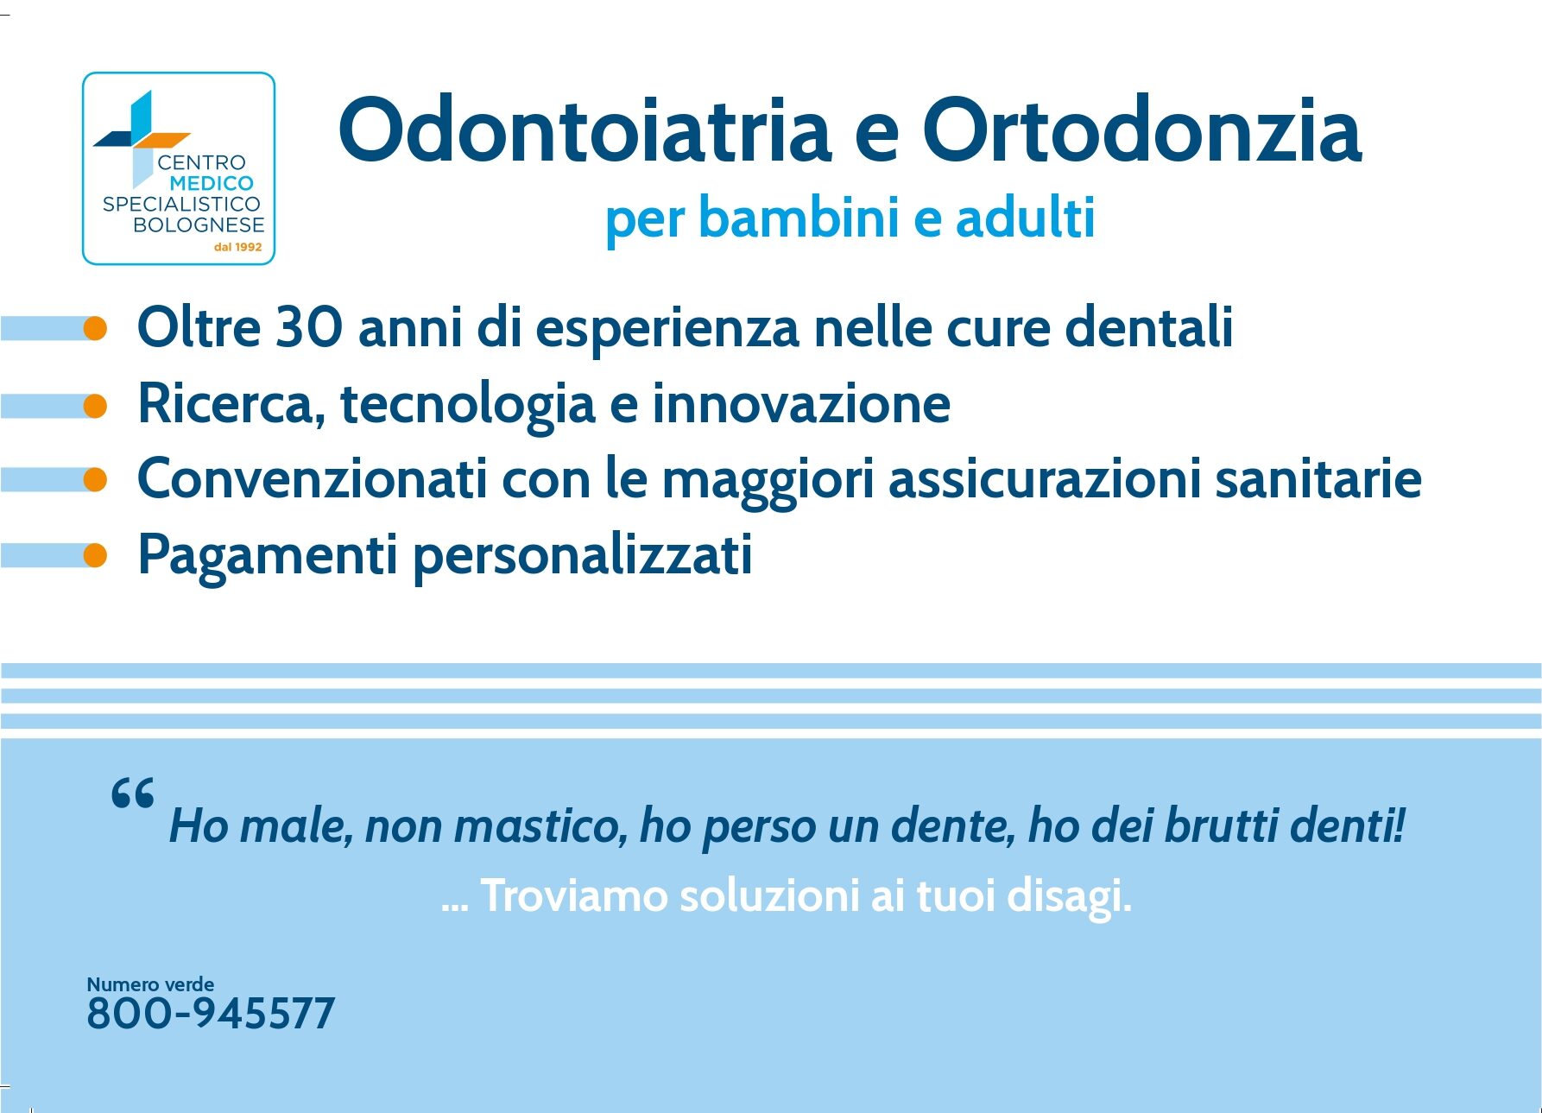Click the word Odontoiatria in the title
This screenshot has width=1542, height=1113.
585,130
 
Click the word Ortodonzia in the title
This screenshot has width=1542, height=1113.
1142,130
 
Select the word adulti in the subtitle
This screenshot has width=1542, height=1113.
1026,218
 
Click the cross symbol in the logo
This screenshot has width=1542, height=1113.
140,138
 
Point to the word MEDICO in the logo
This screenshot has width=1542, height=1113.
212,183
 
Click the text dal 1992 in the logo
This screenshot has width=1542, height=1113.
237,247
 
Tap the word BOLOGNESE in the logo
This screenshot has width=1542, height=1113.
199,224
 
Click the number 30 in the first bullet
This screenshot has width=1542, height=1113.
309,327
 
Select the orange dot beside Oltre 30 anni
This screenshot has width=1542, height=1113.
95,328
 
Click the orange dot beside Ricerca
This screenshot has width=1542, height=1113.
95,405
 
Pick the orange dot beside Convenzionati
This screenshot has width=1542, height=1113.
95,479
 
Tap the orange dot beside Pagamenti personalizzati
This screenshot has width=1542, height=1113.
95,555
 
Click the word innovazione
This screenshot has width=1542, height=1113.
801,403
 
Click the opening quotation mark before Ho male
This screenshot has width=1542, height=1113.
133,792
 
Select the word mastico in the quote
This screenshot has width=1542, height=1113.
540,825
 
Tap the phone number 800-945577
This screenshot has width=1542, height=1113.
211,1014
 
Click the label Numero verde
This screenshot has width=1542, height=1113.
150,984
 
